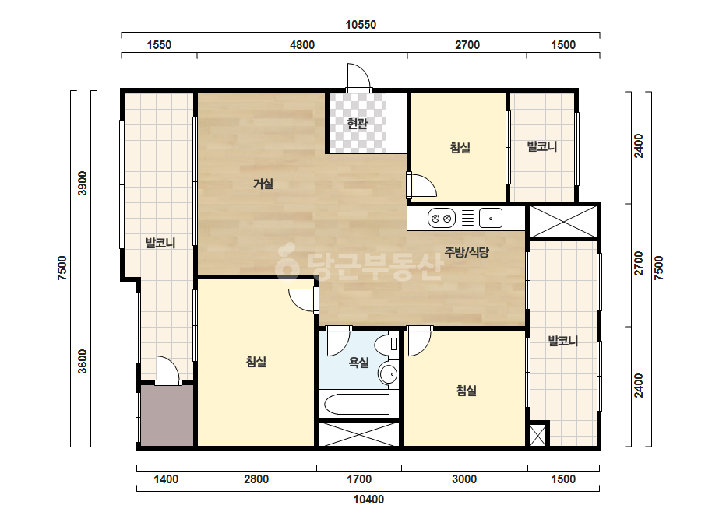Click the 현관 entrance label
click(x=358, y=123)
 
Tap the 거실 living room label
click(x=263, y=184)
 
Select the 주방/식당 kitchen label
click(x=467, y=251)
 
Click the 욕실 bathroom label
click(x=358, y=363)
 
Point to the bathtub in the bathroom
click(x=357, y=404)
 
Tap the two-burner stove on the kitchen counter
click(x=441, y=219)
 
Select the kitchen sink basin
click(x=491, y=219)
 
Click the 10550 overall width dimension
click(x=361, y=25)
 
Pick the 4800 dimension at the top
click(x=302, y=45)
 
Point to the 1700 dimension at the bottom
click(x=359, y=479)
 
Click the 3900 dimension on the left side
click(x=82, y=184)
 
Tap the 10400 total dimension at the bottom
click(x=368, y=500)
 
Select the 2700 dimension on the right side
click(x=639, y=263)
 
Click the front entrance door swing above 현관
click(x=358, y=77)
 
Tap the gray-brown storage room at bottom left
click(x=167, y=415)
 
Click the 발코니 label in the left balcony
click(x=160, y=243)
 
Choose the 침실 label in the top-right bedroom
click(x=460, y=148)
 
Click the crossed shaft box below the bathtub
click(x=358, y=434)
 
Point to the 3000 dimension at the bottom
click(x=464, y=479)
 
